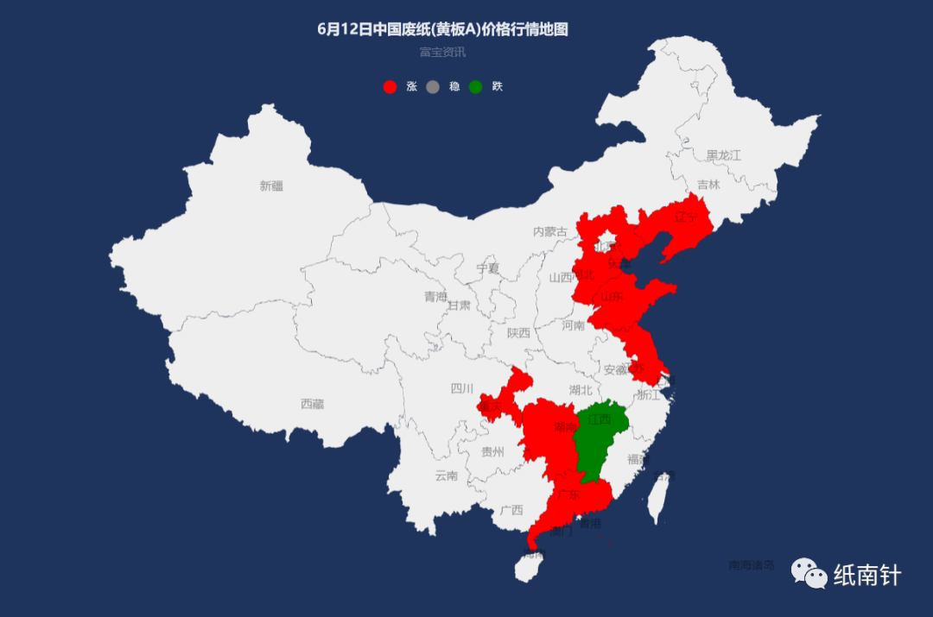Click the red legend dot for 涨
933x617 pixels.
[390, 86]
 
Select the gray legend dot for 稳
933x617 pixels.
[433, 86]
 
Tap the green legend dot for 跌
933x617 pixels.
[475, 86]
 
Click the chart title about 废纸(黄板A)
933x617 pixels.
[442, 29]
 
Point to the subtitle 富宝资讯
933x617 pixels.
[442, 52]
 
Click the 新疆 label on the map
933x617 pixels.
[270, 186]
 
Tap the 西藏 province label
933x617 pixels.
[312, 404]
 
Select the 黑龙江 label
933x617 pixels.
[724, 155]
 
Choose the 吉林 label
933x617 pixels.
[708, 185]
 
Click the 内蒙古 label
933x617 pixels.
[550, 231]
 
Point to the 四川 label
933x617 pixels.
[462, 388]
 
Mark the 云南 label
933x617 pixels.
[447, 475]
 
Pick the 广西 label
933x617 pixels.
[511, 510]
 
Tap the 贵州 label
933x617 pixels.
[492, 450]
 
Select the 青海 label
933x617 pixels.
[435, 297]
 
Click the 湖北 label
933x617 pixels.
[581, 390]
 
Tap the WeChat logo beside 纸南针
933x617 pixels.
[810, 572]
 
